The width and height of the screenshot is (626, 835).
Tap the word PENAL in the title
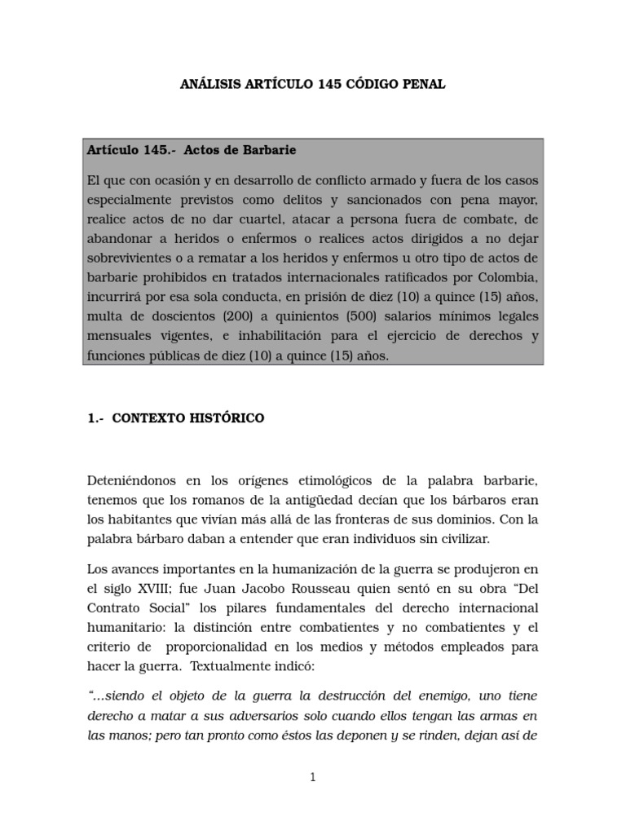(423, 85)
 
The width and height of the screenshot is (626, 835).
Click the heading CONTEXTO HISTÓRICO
(187, 418)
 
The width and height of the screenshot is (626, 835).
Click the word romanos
(216, 499)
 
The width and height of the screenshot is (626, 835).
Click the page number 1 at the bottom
(312, 778)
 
